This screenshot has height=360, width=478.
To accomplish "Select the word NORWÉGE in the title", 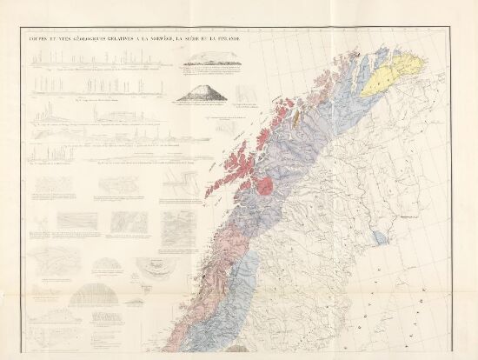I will [x=158, y=36].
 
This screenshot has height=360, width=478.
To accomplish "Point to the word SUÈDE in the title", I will [x=194, y=36].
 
